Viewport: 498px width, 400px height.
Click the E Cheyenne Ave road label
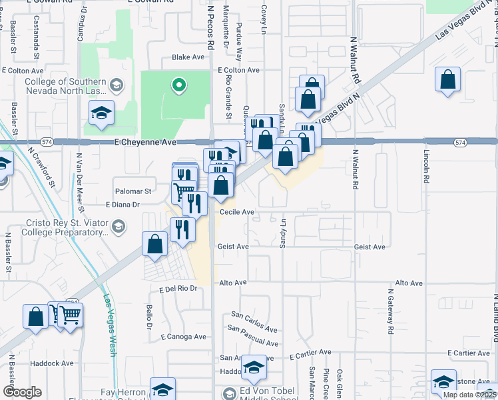point(145,142)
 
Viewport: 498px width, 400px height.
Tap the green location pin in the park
point(178,85)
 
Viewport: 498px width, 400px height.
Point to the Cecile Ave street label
point(237,212)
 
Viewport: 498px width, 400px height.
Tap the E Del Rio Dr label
point(178,289)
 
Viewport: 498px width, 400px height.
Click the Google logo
point(22,392)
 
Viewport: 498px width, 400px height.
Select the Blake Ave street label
point(188,57)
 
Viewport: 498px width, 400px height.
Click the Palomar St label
point(133,191)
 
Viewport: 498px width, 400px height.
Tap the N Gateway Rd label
point(390,311)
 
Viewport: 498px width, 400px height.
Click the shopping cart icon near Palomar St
point(179,192)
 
